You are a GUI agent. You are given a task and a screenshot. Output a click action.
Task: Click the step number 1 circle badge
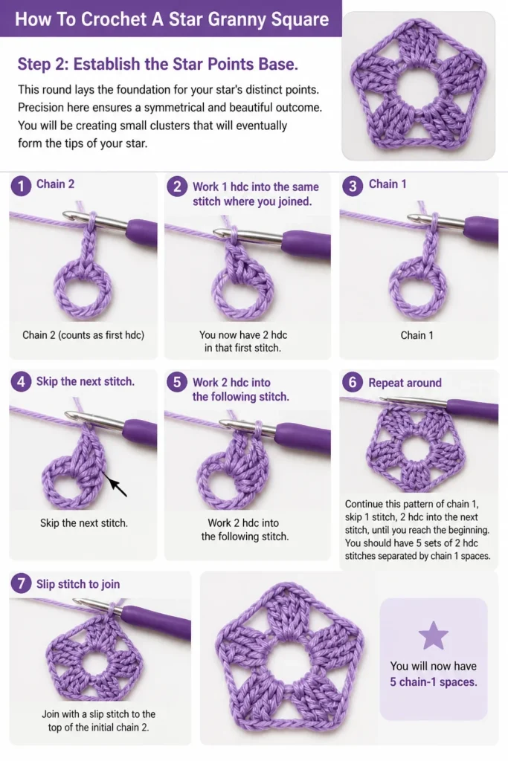click(x=21, y=186)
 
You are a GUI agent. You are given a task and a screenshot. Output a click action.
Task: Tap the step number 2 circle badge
click(x=177, y=187)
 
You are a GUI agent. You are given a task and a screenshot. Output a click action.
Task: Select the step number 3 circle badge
click(x=353, y=186)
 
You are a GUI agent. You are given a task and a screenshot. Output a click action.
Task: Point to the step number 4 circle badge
click(x=21, y=382)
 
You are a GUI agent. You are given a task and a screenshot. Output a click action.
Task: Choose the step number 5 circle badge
click(x=177, y=383)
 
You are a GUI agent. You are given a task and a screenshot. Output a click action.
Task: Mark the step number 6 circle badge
click(x=353, y=383)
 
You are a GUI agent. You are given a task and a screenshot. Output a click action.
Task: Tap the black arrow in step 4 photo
click(x=116, y=486)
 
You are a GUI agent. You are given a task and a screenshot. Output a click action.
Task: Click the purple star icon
click(x=433, y=635)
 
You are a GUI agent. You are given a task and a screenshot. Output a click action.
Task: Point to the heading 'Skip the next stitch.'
click(x=86, y=381)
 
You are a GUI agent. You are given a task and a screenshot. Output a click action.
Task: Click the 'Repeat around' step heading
click(x=405, y=383)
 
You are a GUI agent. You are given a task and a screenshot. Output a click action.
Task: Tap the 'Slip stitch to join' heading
click(x=78, y=584)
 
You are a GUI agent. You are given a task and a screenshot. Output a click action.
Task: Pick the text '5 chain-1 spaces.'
click(x=433, y=682)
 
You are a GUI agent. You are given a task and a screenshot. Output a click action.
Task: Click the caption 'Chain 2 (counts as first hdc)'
click(x=83, y=335)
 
